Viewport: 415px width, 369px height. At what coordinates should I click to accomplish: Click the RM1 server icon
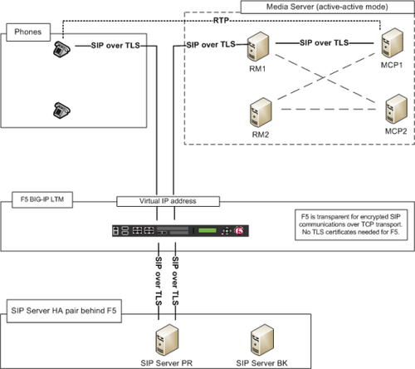coord(258,47)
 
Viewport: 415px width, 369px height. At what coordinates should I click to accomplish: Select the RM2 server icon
coord(261,112)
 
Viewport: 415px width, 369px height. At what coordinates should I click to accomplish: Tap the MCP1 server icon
coord(392,42)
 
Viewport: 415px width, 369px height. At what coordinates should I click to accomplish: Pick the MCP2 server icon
coord(396,109)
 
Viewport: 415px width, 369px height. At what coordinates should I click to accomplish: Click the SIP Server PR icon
coord(167,340)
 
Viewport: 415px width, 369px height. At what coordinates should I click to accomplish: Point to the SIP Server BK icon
coord(262,340)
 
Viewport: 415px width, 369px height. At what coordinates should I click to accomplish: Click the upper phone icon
coord(61,49)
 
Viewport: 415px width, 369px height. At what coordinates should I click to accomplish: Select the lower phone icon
coord(61,111)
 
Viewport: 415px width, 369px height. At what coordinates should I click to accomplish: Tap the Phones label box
coord(28,32)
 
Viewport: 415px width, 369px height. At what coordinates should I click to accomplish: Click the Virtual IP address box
coord(168,201)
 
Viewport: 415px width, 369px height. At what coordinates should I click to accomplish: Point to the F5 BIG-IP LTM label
coord(42,199)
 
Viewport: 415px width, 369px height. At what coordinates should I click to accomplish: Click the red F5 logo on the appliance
coord(239,230)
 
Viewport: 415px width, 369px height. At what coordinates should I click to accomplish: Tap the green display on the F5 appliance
coord(207,230)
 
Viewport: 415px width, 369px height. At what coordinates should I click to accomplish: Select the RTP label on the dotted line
coord(221,21)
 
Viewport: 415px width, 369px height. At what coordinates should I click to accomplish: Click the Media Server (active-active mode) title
coord(327,7)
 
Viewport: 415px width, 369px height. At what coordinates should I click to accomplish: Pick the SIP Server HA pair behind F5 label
coord(64,311)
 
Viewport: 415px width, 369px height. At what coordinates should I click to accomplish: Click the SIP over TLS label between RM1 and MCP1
coord(324,42)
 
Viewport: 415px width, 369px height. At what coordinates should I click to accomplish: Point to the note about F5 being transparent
coord(351,224)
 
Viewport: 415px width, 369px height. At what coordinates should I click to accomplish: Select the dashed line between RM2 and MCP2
coord(329,110)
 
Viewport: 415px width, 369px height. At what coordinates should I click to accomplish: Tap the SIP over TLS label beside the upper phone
coord(115,46)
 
